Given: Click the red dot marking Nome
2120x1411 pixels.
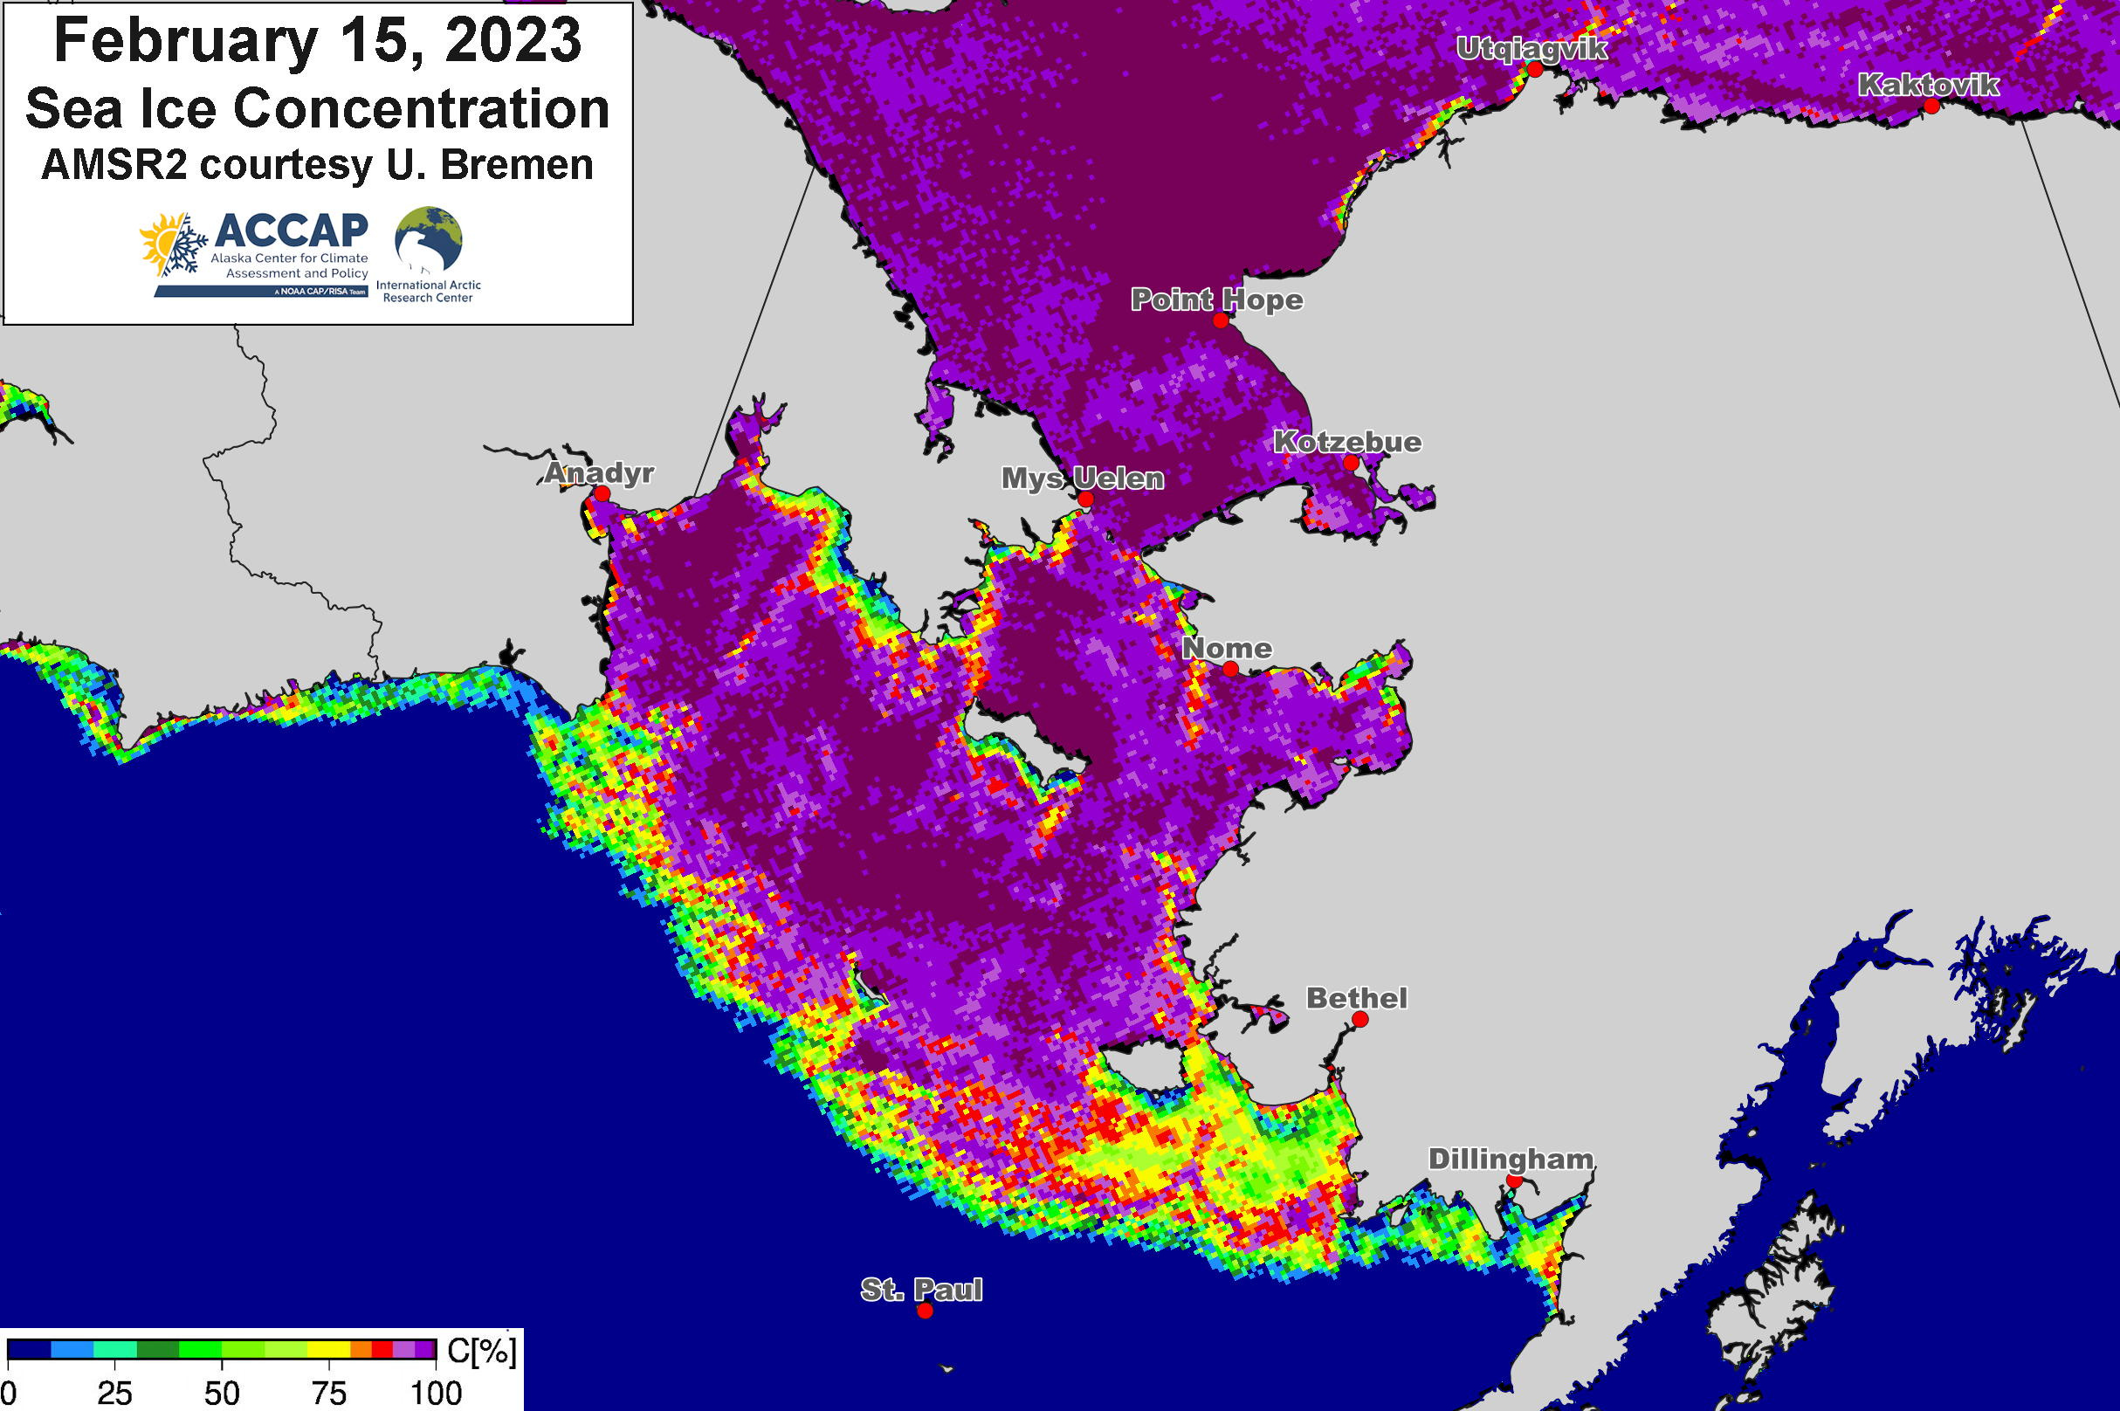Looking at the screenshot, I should (x=1230, y=669).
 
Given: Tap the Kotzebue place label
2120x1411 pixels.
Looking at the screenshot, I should (x=1347, y=442).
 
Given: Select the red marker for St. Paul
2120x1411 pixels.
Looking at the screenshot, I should (x=925, y=1311).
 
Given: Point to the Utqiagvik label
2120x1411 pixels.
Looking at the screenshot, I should (x=1531, y=49).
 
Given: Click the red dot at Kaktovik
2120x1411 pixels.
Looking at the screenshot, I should (x=1931, y=107).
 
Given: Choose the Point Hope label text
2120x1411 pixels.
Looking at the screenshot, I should (x=1216, y=299).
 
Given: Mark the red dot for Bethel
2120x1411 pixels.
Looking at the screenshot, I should (x=1360, y=1020).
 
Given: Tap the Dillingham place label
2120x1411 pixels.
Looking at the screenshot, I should (x=1511, y=1159).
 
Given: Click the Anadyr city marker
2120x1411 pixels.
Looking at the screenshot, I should (x=602, y=494).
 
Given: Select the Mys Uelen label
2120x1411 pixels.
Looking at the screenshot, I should (x=1083, y=478).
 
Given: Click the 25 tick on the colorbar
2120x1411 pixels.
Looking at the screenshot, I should (x=115, y=1393).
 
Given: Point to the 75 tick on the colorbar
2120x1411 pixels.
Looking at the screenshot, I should (x=328, y=1393).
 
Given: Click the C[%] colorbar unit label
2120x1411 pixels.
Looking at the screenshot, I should (x=481, y=1352).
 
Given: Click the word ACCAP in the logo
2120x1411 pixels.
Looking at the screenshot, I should (x=291, y=231).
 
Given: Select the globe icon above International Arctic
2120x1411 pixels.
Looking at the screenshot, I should (x=429, y=240).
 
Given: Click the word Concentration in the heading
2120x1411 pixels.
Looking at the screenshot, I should (x=421, y=108).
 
